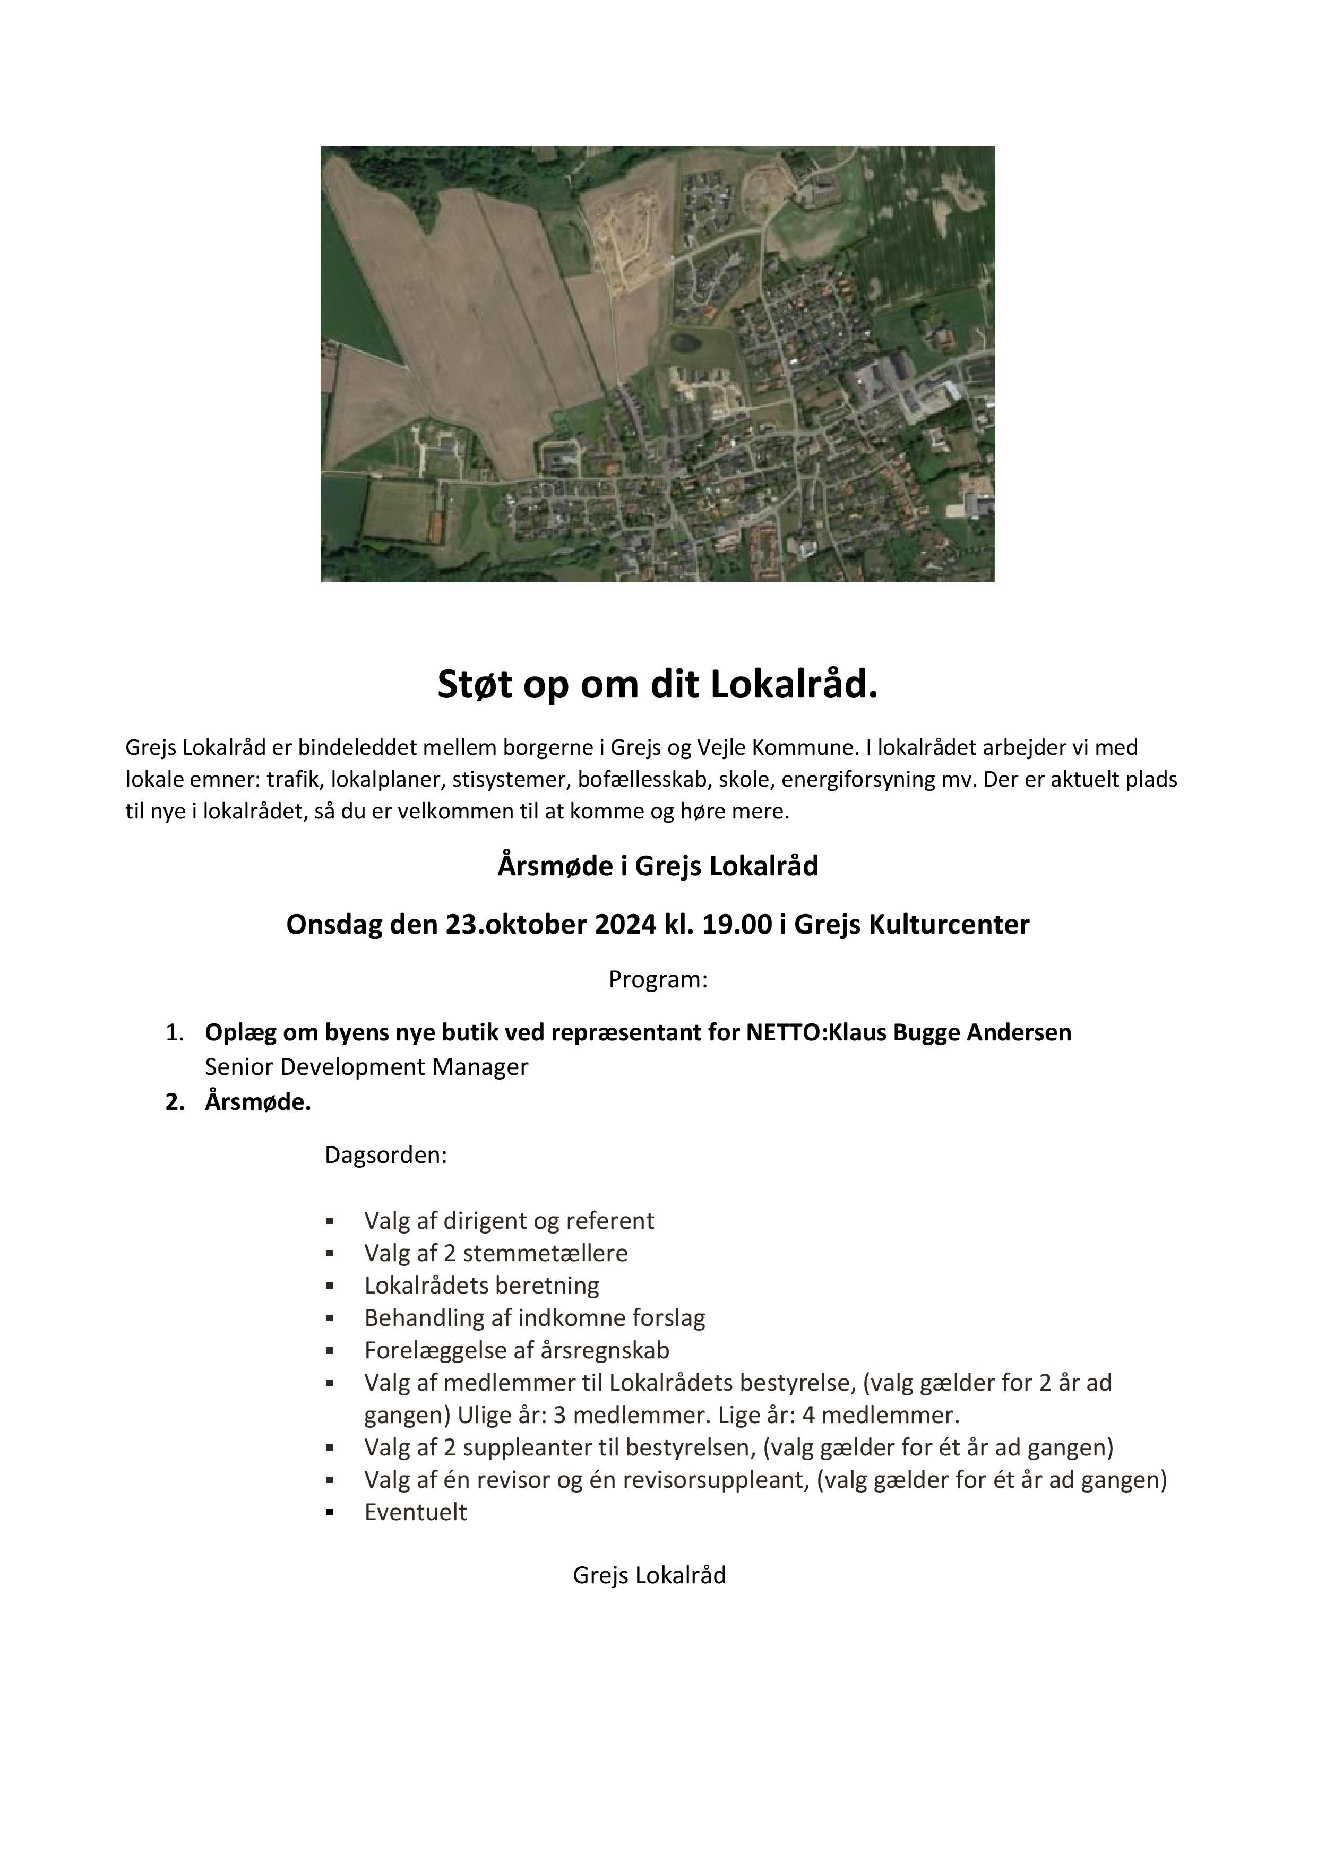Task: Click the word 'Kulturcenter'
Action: (x=952, y=925)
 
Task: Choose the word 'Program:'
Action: (x=658, y=980)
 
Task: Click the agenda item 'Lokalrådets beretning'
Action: (x=481, y=1286)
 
